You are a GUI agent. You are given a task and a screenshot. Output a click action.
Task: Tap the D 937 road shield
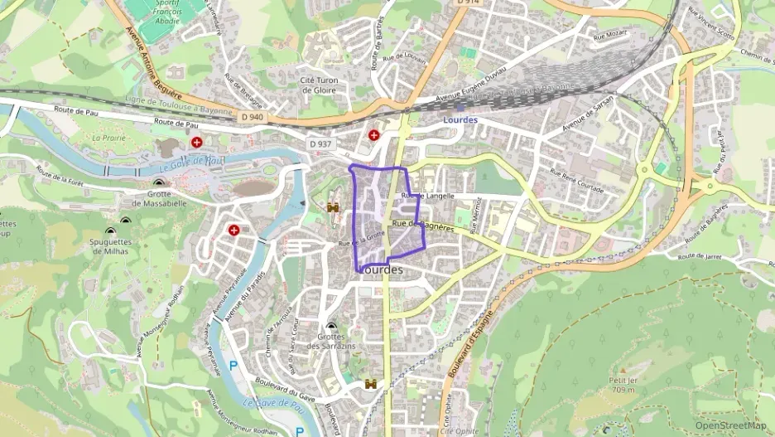320,144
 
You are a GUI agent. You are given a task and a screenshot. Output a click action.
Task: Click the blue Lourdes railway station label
460,119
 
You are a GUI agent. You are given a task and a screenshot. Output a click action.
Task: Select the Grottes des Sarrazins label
331,341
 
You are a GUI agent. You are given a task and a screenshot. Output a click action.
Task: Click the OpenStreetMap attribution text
731,426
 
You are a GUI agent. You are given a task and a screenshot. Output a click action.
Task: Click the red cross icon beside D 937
374,134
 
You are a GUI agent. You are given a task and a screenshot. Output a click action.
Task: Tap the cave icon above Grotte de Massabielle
159,183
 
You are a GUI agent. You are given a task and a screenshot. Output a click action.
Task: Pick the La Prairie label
108,138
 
